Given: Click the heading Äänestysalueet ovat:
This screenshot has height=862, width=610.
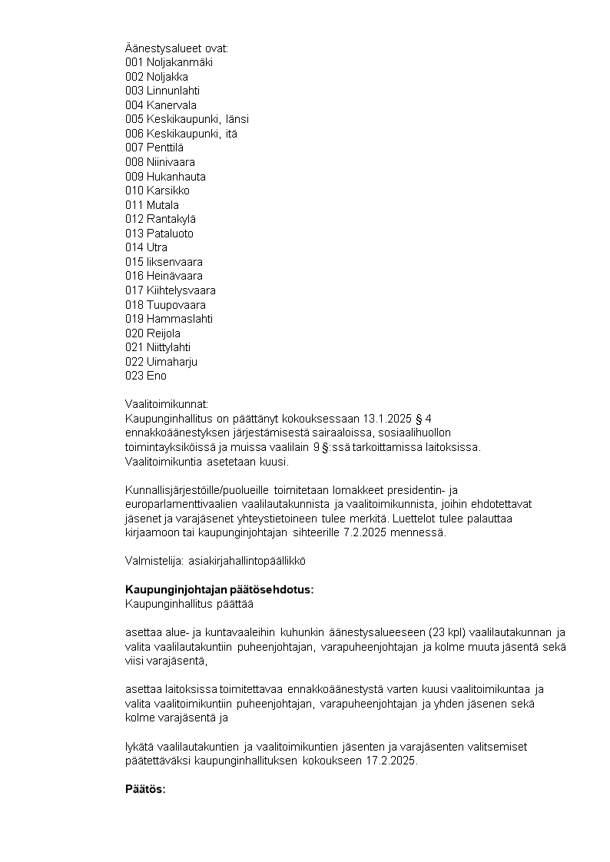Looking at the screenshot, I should click(177, 48).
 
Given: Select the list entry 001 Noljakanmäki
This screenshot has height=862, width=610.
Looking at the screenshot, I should click(169, 62).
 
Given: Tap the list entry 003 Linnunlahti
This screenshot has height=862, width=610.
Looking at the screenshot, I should click(162, 91).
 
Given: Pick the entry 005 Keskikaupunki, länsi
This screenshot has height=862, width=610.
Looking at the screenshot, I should click(187, 119).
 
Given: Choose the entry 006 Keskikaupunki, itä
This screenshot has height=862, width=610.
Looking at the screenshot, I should click(181, 134).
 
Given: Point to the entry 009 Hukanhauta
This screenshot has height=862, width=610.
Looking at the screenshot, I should click(165, 176).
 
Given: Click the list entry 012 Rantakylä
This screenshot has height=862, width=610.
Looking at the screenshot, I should click(161, 219).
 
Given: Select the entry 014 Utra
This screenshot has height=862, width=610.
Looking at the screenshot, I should click(146, 247).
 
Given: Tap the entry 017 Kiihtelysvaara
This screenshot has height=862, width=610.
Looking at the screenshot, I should click(171, 290).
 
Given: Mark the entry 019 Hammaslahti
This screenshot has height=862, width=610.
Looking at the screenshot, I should click(169, 319).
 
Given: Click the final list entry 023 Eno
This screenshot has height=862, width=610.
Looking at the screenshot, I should click(146, 376).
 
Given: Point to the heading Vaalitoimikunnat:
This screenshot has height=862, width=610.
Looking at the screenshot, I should click(167, 404).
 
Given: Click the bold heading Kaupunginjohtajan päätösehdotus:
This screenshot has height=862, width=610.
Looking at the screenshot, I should click(220, 589).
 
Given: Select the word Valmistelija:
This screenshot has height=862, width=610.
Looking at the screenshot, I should click(153, 561).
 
